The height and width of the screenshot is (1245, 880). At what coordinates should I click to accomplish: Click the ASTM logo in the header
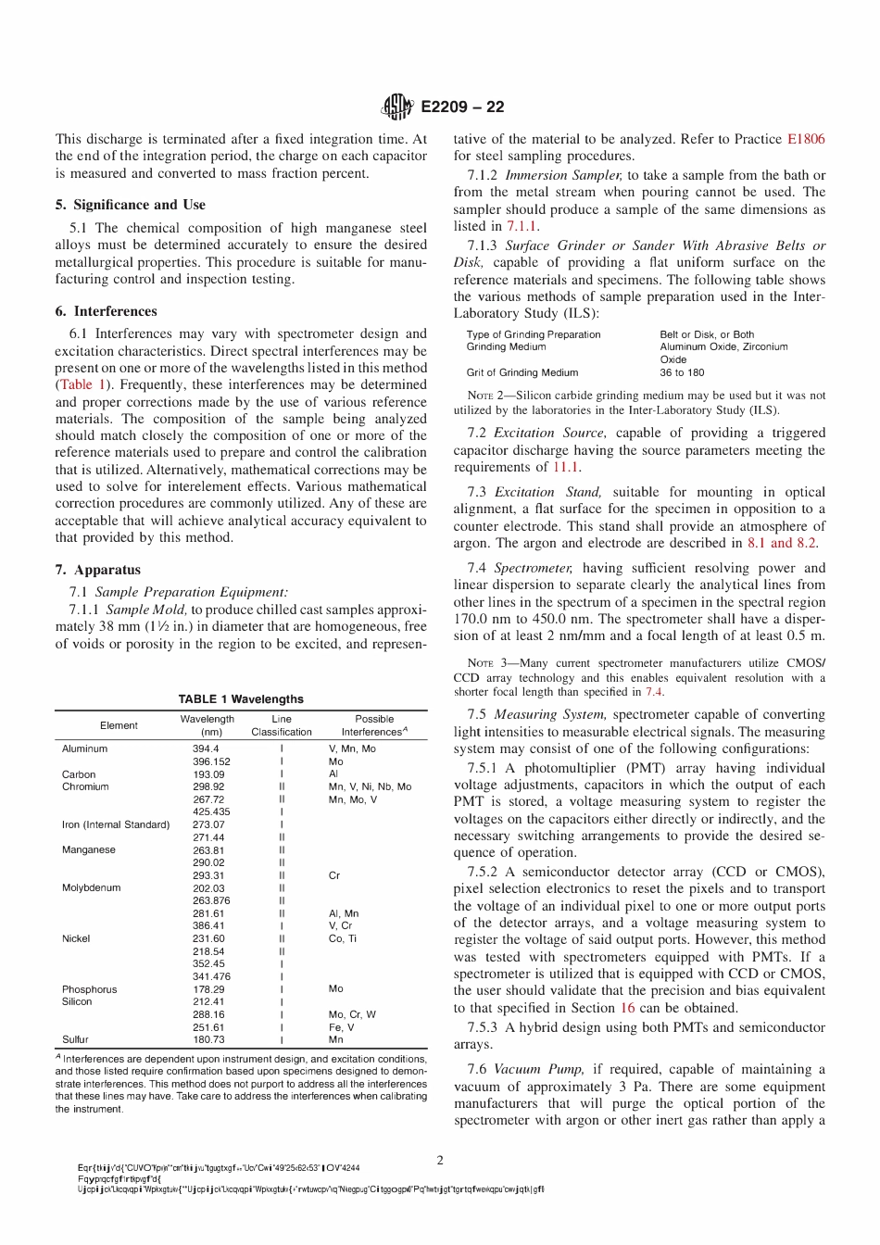(x=396, y=107)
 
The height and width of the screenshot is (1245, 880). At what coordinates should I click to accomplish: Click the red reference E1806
(x=805, y=139)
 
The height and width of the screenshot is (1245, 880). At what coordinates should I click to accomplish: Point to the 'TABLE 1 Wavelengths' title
(x=241, y=699)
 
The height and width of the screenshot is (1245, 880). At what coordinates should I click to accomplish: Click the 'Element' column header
(x=119, y=725)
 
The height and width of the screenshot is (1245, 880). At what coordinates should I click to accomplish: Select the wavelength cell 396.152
(x=211, y=761)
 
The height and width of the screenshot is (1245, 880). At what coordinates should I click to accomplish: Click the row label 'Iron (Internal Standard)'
(x=116, y=824)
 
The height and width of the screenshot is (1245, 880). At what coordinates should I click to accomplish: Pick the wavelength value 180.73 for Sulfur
(x=208, y=1039)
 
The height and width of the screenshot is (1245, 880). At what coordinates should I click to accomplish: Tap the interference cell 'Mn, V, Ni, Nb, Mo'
(x=370, y=786)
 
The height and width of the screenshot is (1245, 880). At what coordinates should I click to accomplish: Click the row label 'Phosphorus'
(x=90, y=989)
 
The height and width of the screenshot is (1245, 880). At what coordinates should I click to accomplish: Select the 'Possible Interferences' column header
(x=374, y=725)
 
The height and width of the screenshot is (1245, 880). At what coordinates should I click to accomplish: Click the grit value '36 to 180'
(x=682, y=372)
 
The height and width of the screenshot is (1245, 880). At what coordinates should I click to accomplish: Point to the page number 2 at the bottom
(x=440, y=1160)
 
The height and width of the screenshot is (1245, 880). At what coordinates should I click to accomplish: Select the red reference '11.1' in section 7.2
(x=565, y=468)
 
